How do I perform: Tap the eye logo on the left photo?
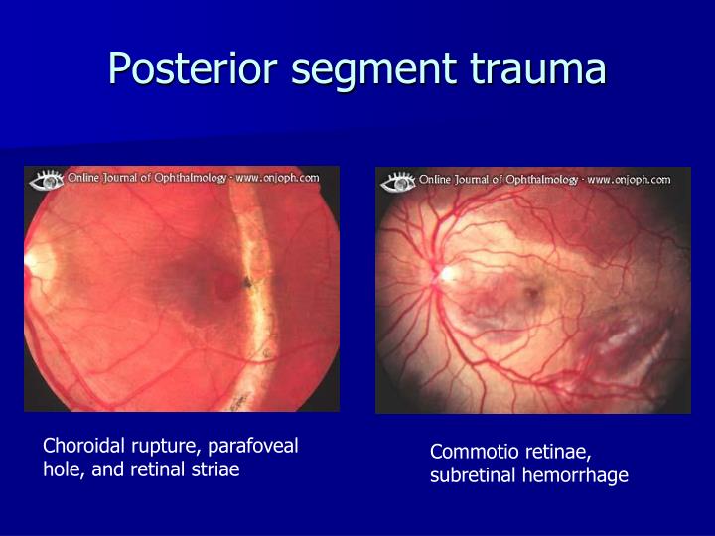(x=46, y=181)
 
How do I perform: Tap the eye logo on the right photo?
(x=397, y=182)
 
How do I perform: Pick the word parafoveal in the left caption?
(x=257, y=447)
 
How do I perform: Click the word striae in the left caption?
(x=217, y=469)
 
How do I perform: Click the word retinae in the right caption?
(x=556, y=453)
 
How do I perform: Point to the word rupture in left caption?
(x=161, y=447)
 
